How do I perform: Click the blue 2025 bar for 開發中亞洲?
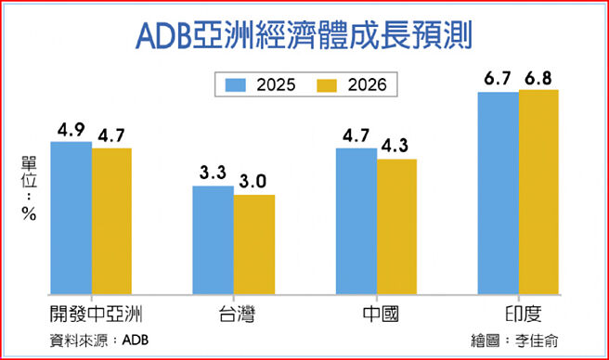(71, 218)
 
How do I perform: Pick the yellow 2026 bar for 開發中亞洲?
(111, 221)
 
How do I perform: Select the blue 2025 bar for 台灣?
(213, 239)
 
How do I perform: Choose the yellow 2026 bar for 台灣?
(253, 244)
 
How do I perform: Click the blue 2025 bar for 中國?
(356, 221)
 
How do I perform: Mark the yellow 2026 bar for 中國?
(396, 226)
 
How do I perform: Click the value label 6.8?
(540, 76)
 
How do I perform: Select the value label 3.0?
(255, 181)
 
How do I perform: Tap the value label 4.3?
(398, 146)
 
